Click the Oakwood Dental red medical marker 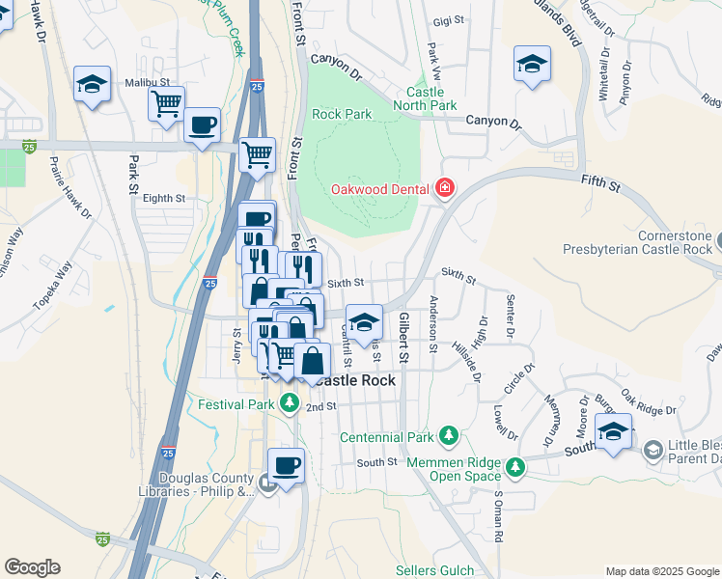445,187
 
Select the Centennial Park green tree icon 448,436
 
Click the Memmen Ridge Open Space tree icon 516,467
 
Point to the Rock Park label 342,114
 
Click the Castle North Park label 431,97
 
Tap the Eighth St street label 163,198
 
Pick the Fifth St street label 599,181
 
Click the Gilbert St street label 404,337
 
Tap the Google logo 32,567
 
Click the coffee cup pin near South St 286,467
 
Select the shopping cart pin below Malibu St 166,103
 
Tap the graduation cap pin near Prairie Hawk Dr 92,84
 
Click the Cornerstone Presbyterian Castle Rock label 642,243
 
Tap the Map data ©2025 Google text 661,571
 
